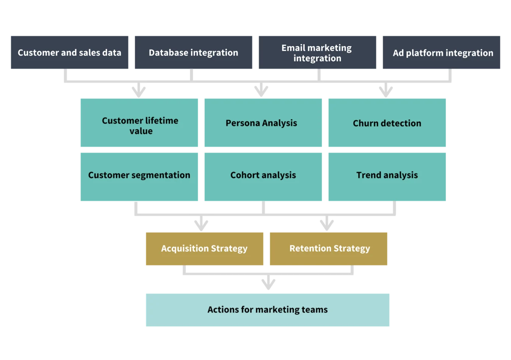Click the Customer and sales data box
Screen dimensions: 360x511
pyautogui.click(x=70, y=52)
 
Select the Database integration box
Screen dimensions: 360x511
pyautogui.click(x=194, y=52)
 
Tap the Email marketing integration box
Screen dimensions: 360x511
pyautogui.click(x=317, y=52)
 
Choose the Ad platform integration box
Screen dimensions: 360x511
pyautogui.click(x=441, y=52)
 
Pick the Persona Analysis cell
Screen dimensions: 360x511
pyautogui.click(x=262, y=123)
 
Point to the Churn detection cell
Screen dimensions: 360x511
pyautogui.click(x=386, y=123)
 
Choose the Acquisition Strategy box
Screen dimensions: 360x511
pyautogui.click(x=204, y=248)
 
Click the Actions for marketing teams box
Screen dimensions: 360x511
pyautogui.click(x=267, y=309)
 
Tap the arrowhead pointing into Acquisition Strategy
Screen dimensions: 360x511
pyautogui.click(x=201, y=224)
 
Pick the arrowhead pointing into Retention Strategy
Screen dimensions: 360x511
pyautogui.click(x=327, y=224)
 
